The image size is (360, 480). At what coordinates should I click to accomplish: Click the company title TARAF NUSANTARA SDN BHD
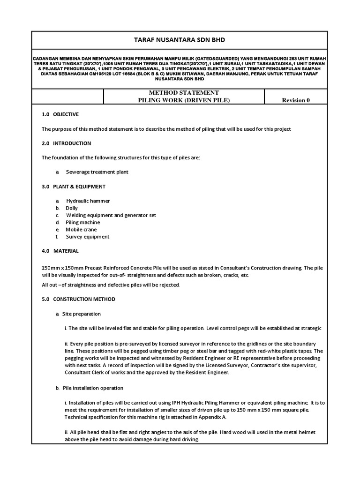pyautogui.click(x=180, y=40)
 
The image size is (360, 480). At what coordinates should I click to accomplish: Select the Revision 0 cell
pyautogui.click(x=295, y=100)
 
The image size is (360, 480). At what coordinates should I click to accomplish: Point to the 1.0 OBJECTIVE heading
pyautogui.click(x=60, y=114)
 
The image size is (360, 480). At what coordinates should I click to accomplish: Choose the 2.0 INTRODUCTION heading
pyautogui.click(x=67, y=143)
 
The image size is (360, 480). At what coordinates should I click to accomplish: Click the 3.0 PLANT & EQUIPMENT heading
pyautogui.click(x=74, y=187)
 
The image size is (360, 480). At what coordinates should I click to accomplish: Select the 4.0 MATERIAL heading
pyautogui.click(x=60, y=251)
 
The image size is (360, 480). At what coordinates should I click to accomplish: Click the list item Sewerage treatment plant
pyautogui.click(x=97, y=172)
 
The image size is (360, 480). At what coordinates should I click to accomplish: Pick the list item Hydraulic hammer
pyautogui.click(x=88, y=201)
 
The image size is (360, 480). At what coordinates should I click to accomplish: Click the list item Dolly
pyautogui.click(x=72, y=208)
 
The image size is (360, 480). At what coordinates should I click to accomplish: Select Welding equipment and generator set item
pyautogui.click(x=111, y=215)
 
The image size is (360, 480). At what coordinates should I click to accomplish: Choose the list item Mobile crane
pyautogui.click(x=82, y=230)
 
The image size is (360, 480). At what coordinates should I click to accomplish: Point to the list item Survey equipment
pyautogui.click(x=88, y=237)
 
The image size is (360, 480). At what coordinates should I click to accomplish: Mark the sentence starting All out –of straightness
pyautogui.click(x=111, y=285)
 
